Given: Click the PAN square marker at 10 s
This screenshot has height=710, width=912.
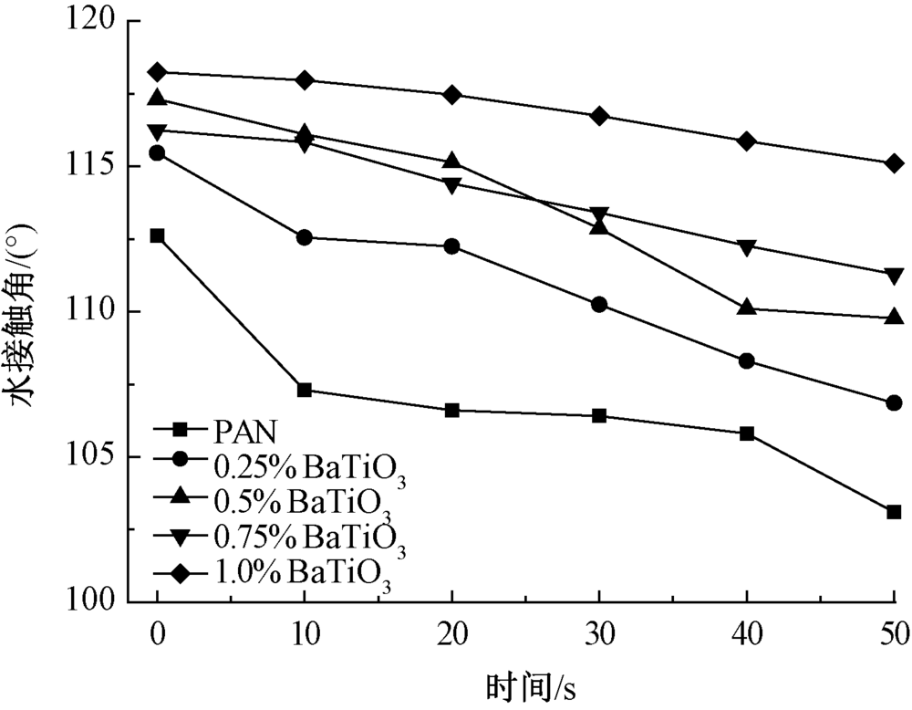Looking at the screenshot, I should pos(305,391).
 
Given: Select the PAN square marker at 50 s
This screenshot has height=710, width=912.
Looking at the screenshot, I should pos(894,512).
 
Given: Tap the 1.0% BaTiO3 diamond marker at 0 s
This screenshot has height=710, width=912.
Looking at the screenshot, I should pos(158,72).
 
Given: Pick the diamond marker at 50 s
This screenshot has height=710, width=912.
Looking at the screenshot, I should pos(894,163).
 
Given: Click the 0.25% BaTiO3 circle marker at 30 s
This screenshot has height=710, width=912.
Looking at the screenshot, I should pos(599,304).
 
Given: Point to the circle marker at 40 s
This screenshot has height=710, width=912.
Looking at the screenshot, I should pos(747,360).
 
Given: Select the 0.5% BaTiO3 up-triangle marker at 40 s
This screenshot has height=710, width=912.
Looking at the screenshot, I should pos(747,308).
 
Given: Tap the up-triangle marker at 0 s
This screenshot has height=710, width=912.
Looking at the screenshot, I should pos(158,98).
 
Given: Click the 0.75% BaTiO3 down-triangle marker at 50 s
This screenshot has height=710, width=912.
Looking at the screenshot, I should pos(894,275).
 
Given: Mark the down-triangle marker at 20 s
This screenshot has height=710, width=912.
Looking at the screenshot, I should pos(451,184).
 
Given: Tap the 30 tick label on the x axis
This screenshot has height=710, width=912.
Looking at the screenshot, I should pos(599,630).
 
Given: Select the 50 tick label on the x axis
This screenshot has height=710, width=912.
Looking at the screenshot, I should pos(892,630).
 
